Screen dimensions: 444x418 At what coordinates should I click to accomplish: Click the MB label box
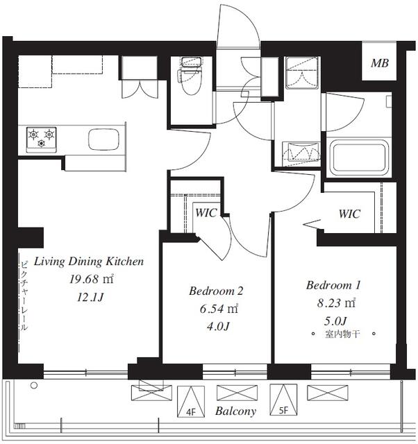379,64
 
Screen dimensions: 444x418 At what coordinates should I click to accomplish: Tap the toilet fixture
189,78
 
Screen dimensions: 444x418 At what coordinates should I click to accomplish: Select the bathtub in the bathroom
358,157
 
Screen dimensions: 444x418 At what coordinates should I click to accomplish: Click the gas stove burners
41,137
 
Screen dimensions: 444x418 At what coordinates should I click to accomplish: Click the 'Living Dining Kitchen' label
89,262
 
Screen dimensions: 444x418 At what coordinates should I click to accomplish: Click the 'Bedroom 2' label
216,291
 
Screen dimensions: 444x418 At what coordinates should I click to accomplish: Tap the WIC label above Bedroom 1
349,214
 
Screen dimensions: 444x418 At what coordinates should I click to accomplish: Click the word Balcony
235,411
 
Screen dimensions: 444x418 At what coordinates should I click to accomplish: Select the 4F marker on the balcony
191,411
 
